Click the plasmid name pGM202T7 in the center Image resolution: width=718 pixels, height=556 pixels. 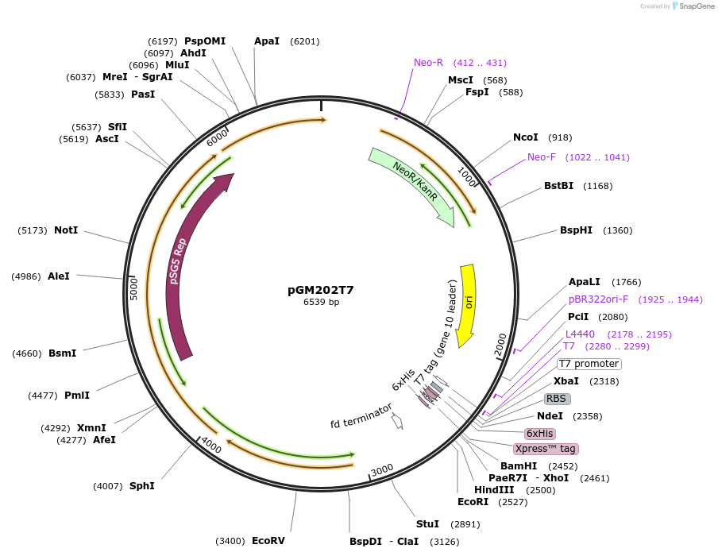coord(320,290)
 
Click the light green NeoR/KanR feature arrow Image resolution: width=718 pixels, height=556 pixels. coord(413,184)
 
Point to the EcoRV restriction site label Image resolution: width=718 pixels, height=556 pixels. coord(268,541)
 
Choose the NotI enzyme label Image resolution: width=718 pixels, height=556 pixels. coord(66,230)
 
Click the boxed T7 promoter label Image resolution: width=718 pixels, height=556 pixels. coord(589,364)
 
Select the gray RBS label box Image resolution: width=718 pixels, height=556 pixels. coord(557,399)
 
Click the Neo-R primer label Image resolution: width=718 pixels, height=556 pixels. coord(428,63)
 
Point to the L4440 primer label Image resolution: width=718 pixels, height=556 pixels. coord(580,334)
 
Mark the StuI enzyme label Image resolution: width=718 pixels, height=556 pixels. coord(427,524)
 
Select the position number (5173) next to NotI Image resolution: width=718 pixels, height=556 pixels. coord(33,230)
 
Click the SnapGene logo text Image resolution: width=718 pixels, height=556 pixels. coord(697,6)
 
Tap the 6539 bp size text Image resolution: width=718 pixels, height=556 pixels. coord(321,302)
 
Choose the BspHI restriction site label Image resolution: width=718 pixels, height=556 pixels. coord(576,230)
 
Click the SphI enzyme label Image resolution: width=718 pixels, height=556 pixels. coord(142,486)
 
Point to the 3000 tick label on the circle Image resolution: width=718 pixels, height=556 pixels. coord(382,469)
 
